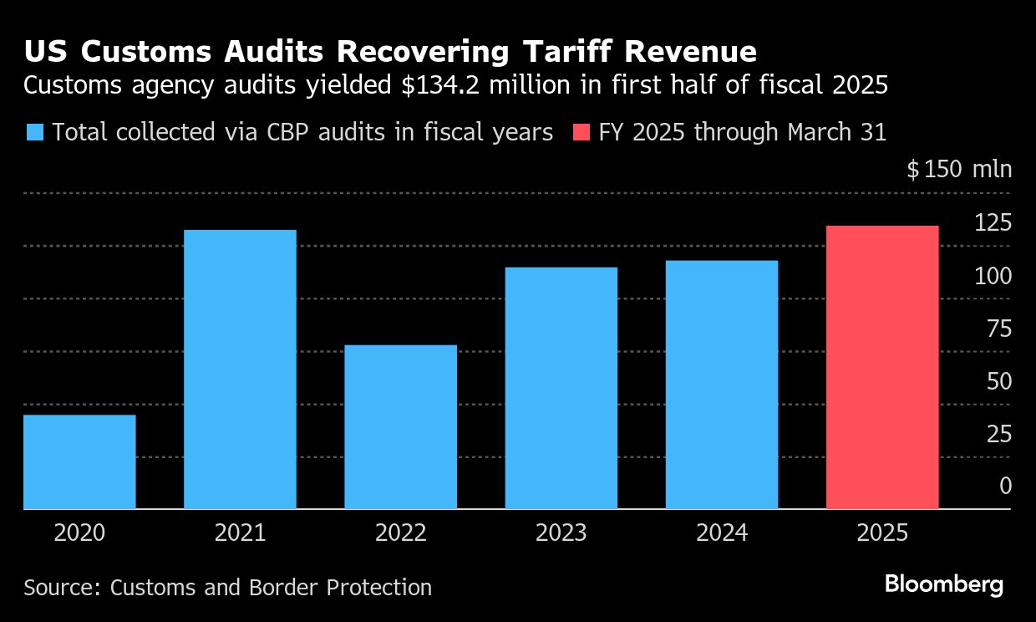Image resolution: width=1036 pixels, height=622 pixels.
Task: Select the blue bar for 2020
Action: coord(79,461)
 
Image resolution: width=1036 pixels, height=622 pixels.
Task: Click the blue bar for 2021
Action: coord(240,369)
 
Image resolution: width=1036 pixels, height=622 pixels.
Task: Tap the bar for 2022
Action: coord(400,426)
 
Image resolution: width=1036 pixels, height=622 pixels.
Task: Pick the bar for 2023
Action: coord(561,388)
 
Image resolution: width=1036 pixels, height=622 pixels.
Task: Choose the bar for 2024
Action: coord(722,385)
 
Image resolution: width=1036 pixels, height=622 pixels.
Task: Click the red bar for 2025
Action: coord(882,367)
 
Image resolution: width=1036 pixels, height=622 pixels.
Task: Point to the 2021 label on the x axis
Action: coord(240,533)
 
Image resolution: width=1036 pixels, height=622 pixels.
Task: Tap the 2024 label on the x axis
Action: coord(722,533)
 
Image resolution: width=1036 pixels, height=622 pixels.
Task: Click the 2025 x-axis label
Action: coord(882,533)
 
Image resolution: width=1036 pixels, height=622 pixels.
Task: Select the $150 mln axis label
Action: coord(959,170)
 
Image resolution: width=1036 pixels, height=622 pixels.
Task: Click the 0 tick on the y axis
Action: coord(1005,486)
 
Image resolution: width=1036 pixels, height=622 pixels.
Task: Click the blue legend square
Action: coord(34,132)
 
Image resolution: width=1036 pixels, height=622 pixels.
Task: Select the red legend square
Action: coord(582,132)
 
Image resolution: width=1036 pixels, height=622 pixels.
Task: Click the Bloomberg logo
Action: coord(944,584)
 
